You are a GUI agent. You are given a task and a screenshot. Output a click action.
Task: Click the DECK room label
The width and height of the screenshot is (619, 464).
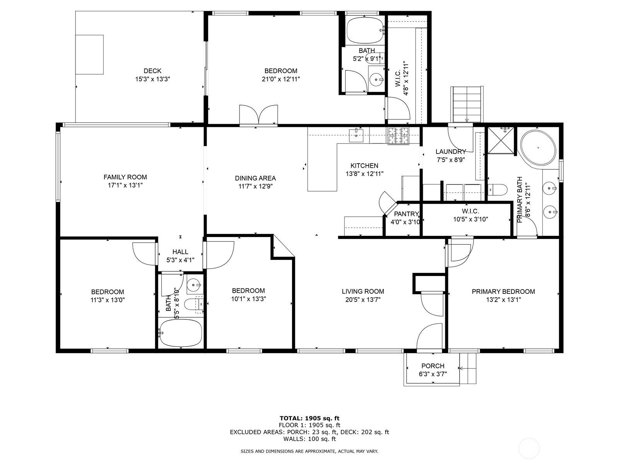[x=152, y=71]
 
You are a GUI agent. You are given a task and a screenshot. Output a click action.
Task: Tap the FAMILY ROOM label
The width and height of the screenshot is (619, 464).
[x=125, y=177]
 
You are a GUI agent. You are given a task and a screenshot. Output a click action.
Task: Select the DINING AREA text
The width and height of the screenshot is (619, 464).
[x=255, y=178]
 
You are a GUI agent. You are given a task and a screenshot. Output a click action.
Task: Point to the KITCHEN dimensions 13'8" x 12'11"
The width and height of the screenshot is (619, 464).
[x=364, y=174]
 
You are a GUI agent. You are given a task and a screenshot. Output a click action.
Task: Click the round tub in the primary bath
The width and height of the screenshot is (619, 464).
[x=538, y=148]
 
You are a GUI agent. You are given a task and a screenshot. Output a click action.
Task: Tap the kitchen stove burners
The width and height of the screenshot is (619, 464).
[x=398, y=136]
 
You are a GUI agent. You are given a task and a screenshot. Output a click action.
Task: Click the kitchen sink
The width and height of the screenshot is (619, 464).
[x=356, y=135]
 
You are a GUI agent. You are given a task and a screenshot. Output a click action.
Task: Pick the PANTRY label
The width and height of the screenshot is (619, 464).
[x=406, y=214]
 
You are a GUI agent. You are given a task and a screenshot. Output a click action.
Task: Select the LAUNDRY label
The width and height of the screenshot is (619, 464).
[x=451, y=152]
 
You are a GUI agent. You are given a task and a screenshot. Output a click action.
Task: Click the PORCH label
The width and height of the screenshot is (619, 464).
[x=433, y=366]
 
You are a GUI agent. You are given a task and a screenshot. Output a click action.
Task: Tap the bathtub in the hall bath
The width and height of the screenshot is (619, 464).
[x=181, y=333]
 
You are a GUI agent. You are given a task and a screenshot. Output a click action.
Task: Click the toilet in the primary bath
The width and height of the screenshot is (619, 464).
[x=498, y=189]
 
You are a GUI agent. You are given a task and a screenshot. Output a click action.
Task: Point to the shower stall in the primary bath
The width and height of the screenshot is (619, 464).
[x=501, y=141]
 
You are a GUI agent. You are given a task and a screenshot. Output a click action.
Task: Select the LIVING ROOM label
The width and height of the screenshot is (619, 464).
[x=363, y=292]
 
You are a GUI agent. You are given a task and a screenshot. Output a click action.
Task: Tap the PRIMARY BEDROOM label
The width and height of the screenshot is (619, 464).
[x=503, y=292]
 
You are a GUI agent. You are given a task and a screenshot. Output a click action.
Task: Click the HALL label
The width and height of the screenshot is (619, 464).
[x=180, y=252]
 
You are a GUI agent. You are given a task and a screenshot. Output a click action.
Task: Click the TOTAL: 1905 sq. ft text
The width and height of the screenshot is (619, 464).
[x=309, y=418]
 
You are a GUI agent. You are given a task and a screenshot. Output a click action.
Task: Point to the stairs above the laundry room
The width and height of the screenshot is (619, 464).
[x=467, y=104]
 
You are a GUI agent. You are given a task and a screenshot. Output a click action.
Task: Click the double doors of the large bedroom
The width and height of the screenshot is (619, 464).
[x=258, y=114]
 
